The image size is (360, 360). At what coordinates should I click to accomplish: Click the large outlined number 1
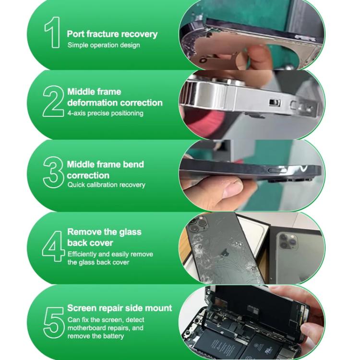coord(52,33)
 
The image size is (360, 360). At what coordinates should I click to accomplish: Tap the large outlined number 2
coord(52,102)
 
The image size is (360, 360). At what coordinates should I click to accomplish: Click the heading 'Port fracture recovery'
coord(112,34)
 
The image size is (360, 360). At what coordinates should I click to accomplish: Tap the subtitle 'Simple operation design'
coord(104,45)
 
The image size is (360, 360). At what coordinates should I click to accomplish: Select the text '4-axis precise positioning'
coord(105,113)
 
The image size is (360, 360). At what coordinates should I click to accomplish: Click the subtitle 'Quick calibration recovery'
coord(106,185)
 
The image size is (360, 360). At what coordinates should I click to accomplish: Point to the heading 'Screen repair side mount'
coord(120,308)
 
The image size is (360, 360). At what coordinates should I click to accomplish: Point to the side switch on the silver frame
coord(275,103)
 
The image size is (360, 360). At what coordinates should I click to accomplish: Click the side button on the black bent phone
coord(277,171)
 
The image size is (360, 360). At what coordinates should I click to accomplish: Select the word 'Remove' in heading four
coord(84,232)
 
